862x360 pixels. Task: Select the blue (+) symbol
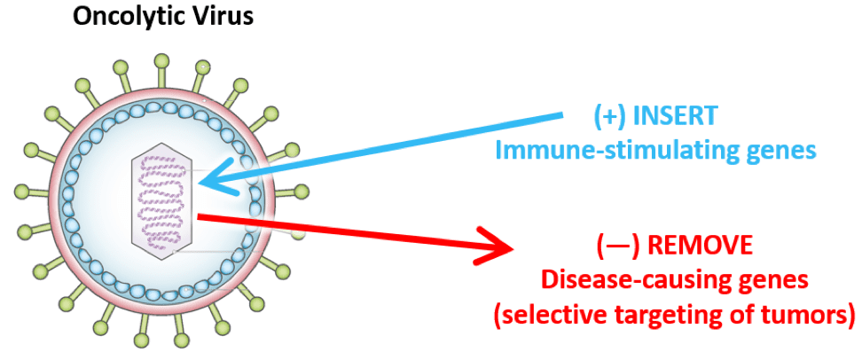point(609,116)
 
